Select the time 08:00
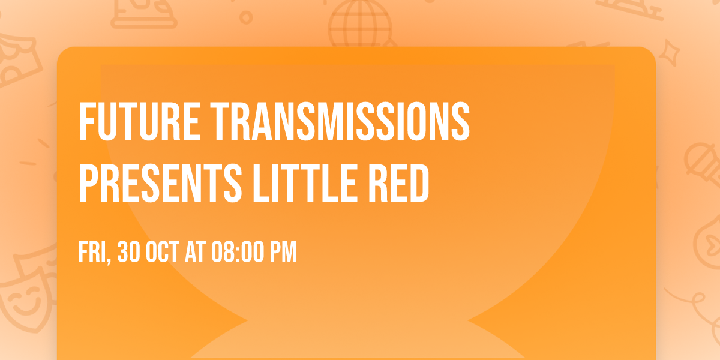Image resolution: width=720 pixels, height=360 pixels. [239, 253]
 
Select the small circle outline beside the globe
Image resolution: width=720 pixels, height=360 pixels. [246, 18]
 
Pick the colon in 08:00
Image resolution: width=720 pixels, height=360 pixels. [239, 253]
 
